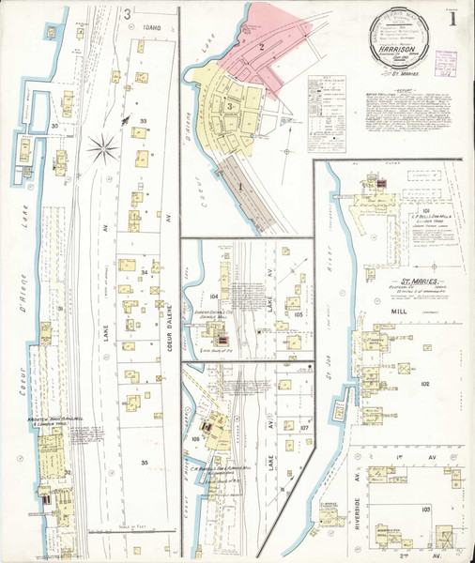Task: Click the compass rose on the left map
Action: click(x=102, y=146)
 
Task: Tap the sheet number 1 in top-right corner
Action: click(x=453, y=18)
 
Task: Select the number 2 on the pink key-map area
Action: click(x=264, y=45)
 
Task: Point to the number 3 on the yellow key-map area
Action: click(x=229, y=106)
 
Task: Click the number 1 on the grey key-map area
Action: click(x=239, y=185)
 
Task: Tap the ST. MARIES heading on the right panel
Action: click(x=417, y=280)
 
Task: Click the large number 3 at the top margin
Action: click(x=127, y=13)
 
